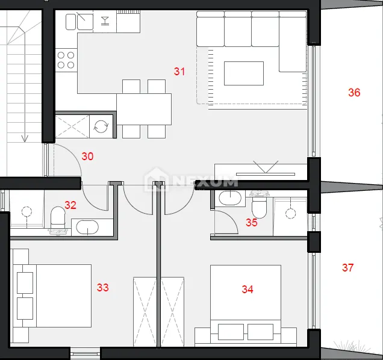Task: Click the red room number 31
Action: pos(179,71)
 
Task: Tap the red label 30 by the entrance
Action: pos(87,157)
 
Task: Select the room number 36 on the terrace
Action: pos(354,93)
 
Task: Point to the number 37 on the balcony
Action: pos(348,268)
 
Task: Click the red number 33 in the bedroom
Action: pos(102,288)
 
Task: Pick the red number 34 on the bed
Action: pos(248,290)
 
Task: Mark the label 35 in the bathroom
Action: pos(252,223)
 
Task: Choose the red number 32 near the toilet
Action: pos(70,205)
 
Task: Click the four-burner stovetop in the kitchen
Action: pos(66,60)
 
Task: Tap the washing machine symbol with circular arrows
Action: pos(101,126)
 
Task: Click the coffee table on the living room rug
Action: pos(244,73)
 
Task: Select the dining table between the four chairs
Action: pos(144,109)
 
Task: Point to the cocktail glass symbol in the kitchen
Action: pos(105,20)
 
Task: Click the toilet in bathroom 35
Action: pos(259,206)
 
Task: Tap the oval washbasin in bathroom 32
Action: pos(87,227)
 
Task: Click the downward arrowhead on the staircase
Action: pos(25,138)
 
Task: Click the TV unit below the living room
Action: pos(261,172)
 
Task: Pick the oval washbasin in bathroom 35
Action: pos(230,198)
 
